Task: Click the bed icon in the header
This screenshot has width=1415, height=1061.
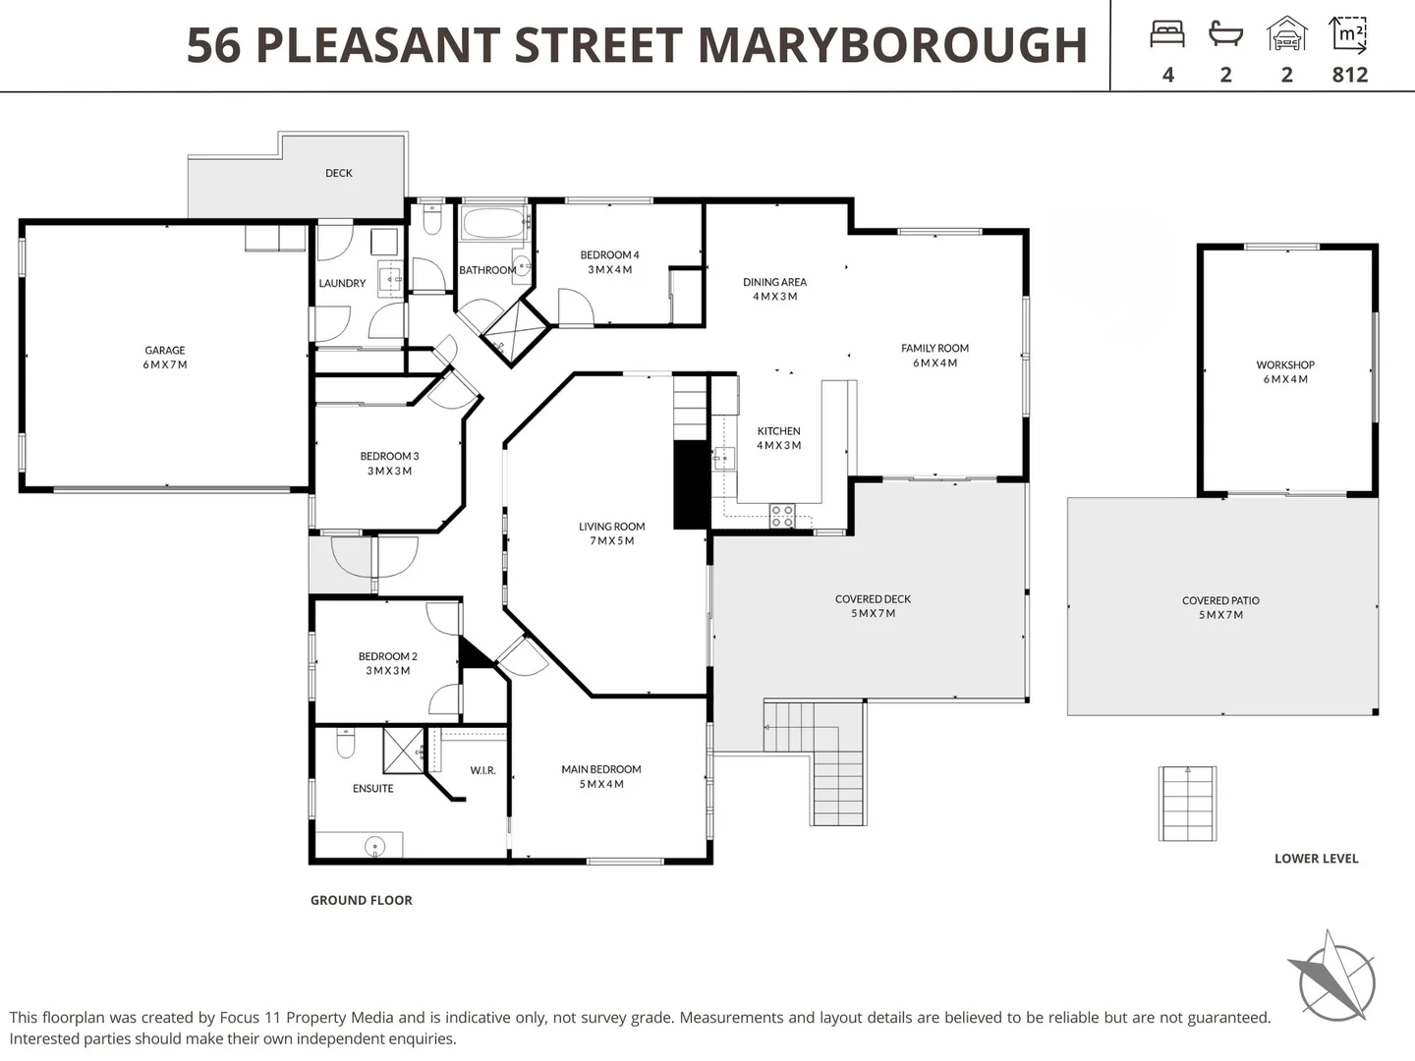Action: tap(1167, 35)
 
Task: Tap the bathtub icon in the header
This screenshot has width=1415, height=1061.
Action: tap(1225, 35)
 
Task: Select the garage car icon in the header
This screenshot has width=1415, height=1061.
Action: tap(1286, 34)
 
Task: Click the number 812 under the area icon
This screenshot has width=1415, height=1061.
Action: tap(1349, 75)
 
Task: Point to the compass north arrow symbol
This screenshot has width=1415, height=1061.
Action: tap(1332, 978)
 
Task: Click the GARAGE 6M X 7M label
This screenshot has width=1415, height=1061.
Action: tap(165, 358)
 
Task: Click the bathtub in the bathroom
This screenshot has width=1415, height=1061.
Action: tap(494, 223)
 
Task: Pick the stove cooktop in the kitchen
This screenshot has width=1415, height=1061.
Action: tap(782, 516)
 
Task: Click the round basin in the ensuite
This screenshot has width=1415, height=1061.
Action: tap(374, 846)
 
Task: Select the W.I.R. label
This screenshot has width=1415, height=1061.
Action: tap(482, 770)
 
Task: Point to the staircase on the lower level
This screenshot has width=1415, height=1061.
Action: tap(1187, 804)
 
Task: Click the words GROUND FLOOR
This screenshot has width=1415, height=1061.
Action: tap(362, 900)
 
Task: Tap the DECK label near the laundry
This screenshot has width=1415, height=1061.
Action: tap(339, 173)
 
